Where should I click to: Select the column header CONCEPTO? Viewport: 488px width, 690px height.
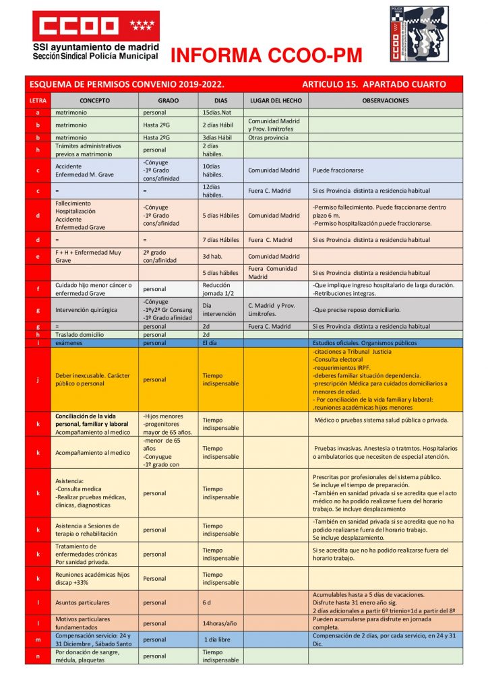94,100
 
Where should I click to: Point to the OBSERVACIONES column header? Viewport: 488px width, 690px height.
385,100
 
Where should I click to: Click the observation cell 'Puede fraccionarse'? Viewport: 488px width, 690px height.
337,170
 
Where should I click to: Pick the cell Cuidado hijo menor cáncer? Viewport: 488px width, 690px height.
93,289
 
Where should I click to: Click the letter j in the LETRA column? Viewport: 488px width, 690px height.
38,379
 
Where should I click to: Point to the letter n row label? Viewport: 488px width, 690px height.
38,656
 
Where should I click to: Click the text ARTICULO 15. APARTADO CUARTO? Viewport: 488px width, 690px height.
373,85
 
